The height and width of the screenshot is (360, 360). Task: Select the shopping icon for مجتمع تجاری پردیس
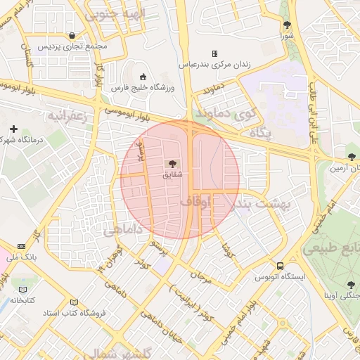coord(72,35)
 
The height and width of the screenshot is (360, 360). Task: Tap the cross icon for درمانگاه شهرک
coord(13,129)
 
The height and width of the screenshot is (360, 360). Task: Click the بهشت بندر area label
coord(262,203)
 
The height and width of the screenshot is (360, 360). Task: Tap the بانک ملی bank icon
coord(21,246)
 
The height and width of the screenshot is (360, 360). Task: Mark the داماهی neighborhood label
coord(123,230)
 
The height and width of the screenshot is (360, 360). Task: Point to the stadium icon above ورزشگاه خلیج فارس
coord(144,77)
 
